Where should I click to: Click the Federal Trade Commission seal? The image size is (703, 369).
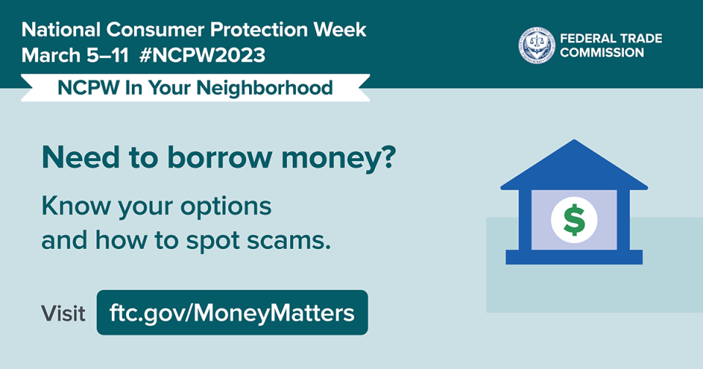[x=537, y=45]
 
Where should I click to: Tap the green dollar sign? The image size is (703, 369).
[x=574, y=220]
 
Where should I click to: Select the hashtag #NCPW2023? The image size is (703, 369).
[x=202, y=56]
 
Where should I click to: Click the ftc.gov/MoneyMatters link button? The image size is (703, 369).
[x=232, y=313]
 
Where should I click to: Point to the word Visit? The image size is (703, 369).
[x=63, y=313]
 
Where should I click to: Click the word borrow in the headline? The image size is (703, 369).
[x=220, y=157]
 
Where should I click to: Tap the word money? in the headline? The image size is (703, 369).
[x=338, y=159]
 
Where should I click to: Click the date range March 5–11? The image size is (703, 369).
[x=75, y=56]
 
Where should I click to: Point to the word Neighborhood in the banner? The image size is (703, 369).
[x=264, y=89]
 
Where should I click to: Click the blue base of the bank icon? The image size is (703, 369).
[x=574, y=257]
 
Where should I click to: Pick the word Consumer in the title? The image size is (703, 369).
[x=155, y=30]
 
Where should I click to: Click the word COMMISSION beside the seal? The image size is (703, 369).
[x=602, y=53]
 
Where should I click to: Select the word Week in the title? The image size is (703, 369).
[x=339, y=30]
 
